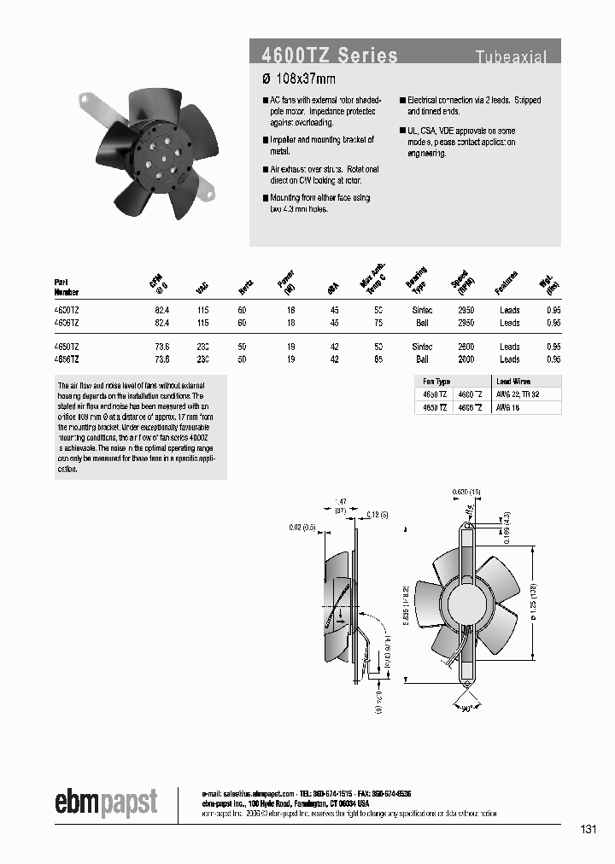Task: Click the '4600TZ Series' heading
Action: click(x=330, y=56)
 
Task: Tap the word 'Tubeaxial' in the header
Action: click(x=511, y=57)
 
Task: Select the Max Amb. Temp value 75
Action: click(x=378, y=323)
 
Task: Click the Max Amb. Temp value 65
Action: click(x=378, y=359)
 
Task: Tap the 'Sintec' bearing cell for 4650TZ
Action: click(x=421, y=347)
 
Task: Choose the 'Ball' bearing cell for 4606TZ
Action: click(x=421, y=323)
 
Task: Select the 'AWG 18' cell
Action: click(x=510, y=407)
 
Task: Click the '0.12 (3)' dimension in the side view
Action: click(x=376, y=513)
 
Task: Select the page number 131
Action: click(x=588, y=830)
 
